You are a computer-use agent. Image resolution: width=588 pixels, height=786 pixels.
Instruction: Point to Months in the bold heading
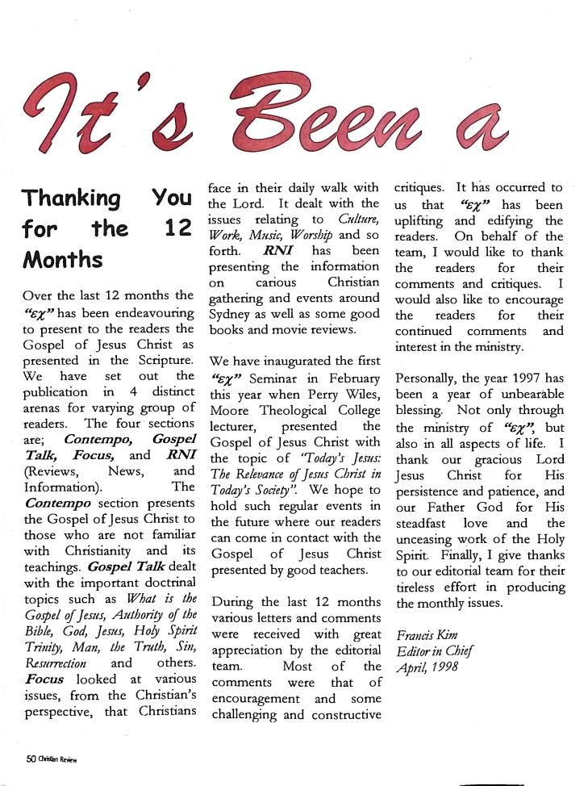point(62,260)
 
